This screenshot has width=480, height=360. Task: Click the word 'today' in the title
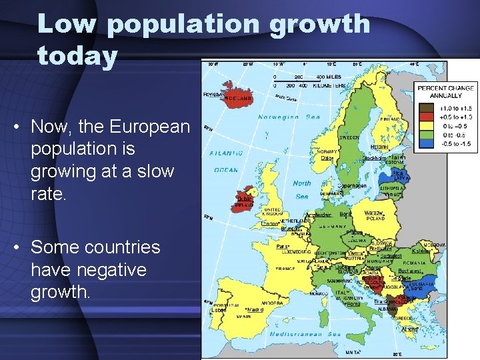coord(77,56)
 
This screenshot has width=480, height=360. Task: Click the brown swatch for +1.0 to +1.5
coord(425,108)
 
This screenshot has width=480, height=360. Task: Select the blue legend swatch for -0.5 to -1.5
coord(425,143)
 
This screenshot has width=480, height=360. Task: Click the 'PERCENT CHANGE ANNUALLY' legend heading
coord(446,91)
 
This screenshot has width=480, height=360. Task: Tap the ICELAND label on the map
coord(240,99)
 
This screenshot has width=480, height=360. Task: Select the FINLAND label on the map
coord(389,119)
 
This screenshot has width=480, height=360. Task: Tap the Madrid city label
coord(255,310)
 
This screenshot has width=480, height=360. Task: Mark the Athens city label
coord(410,329)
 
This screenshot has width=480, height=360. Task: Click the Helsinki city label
coord(379,147)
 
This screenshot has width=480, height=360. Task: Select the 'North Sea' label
coord(302,189)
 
